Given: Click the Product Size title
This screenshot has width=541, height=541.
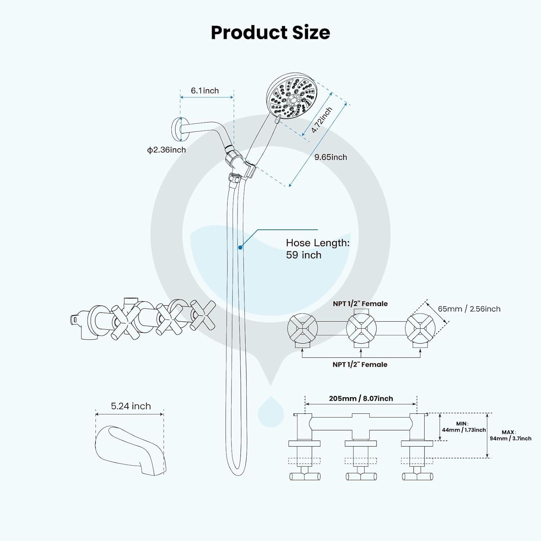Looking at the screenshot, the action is click(270, 32).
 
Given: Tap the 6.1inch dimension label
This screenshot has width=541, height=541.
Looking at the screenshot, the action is click(205, 91).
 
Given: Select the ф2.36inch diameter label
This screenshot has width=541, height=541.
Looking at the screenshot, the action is click(167, 150).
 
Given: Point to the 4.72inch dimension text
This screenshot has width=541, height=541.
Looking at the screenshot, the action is click(322, 120).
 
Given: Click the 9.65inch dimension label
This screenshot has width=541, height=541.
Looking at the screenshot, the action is click(331, 157).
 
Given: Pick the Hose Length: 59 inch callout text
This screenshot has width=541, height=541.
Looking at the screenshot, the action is click(318, 249).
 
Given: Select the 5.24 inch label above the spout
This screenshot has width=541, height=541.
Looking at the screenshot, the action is click(131, 406).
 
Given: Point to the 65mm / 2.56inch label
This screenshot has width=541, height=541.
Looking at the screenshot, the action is click(469, 309).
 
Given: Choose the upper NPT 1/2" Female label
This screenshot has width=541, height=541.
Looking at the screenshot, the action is click(360, 304).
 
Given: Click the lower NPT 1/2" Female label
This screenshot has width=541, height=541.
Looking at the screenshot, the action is click(360, 365).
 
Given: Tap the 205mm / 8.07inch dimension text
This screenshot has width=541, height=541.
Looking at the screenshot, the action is click(361, 399).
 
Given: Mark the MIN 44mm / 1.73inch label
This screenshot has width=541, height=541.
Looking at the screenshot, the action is click(464, 427).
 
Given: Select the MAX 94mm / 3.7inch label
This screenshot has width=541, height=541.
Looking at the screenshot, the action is click(510, 435).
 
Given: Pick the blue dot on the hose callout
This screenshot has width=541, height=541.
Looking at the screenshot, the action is click(240, 247).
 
